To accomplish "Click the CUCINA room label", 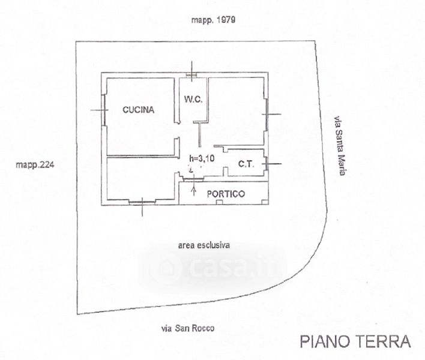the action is pyautogui.click(x=138, y=110).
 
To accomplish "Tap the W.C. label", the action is pyautogui.click(x=193, y=100).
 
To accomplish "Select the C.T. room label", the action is pyautogui.click(x=246, y=164).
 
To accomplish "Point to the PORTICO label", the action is pyautogui.click(x=226, y=194).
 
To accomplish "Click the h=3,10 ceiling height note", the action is pyautogui.click(x=202, y=158).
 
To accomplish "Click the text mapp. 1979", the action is pyautogui.click(x=213, y=20).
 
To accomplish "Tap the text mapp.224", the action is pyautogui.click(x=35, y=164).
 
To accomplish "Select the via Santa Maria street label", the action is pyautogui.click(x=340, y=146).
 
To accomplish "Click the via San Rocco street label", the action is pyautogui.click(x=188, y=329).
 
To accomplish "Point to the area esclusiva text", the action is pyautogui.click(x=204, y=245).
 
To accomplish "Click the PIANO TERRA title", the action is pyautogui.click(x=355, y=341).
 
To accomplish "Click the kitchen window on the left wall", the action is pyautogui.click(x=104, y=110).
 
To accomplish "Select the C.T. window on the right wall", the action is pyautogui.click(x=267, y=163).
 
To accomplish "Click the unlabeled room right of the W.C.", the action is pyautogui.click(x=236, y=111).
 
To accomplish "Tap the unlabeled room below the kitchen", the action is pyautogui.click(x=141, y=179).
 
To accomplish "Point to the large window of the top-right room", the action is pyautogui.click(x=267, y=115).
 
